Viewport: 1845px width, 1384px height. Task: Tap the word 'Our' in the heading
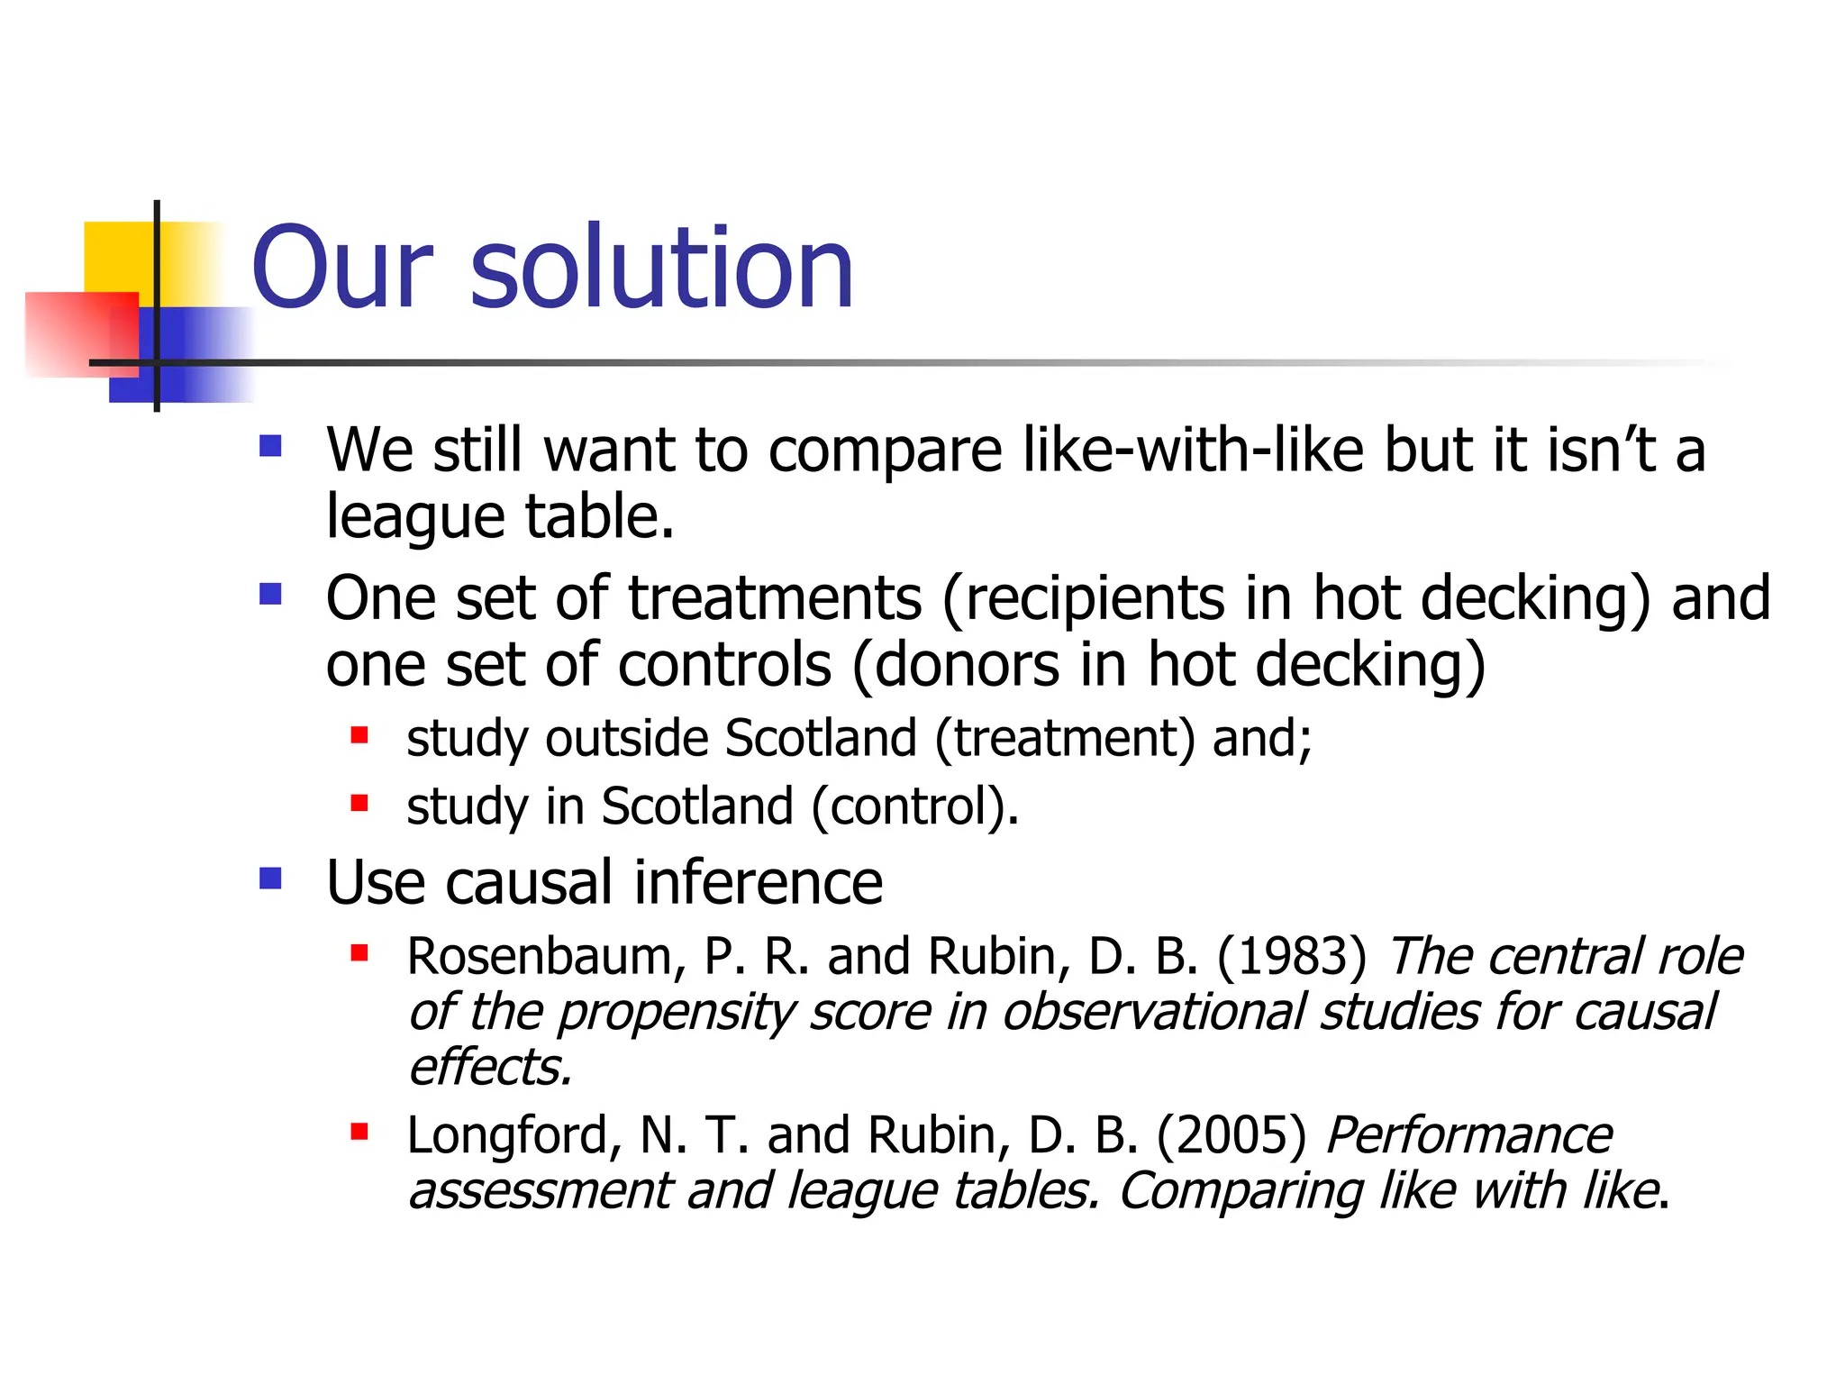click(342, 269)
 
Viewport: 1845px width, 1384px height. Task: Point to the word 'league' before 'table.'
click(415, 519)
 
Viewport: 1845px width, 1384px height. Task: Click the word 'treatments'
click(775, 598)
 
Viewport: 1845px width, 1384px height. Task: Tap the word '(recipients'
click(1082, 600)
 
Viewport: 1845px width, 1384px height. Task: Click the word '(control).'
click(915, 806)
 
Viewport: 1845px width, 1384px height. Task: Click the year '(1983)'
click(1291, 956)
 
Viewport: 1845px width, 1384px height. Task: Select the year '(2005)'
click(1231, 1135)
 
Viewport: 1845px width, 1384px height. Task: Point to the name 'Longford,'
click(514, 1135)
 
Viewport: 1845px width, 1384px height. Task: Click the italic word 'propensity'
click(676, 1013)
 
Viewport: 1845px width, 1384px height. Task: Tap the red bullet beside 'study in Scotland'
click(359, 802)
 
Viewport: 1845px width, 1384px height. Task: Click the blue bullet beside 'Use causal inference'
click(270, 879)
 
